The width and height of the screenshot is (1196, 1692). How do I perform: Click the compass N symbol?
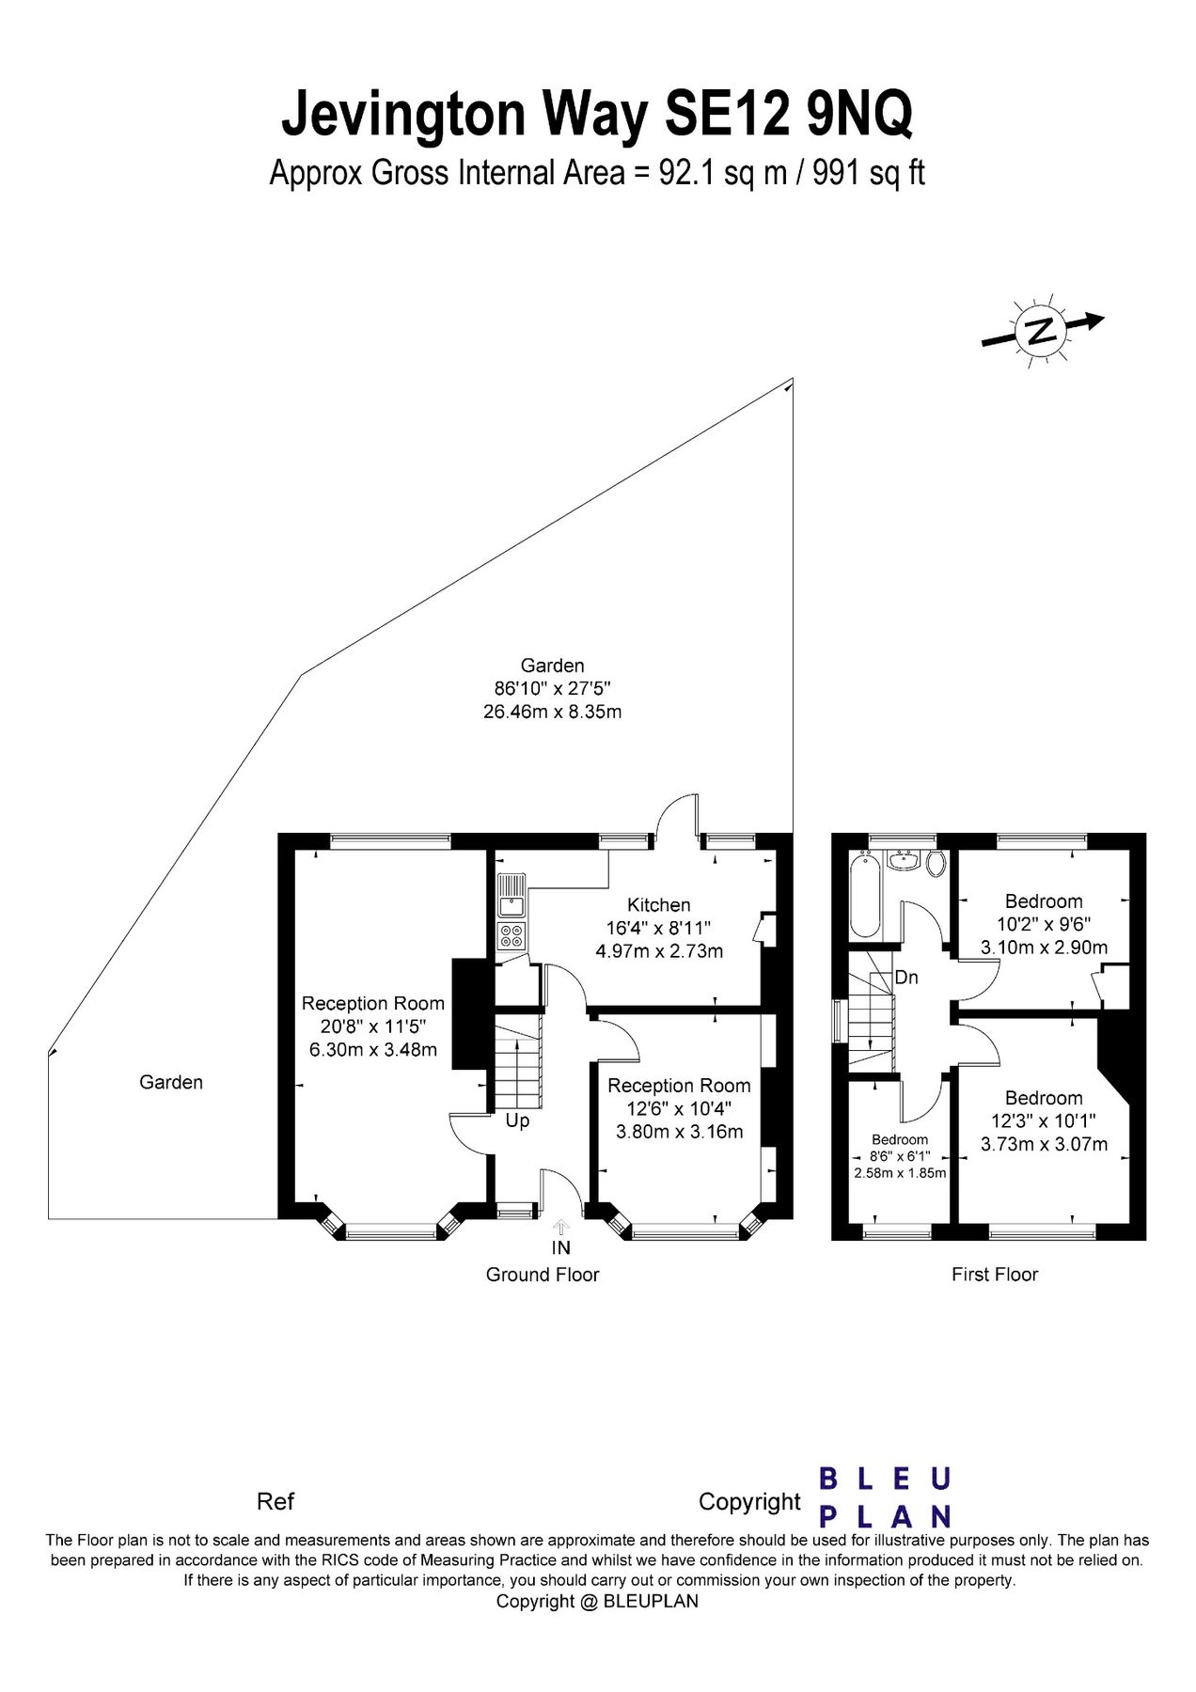(1041, 331)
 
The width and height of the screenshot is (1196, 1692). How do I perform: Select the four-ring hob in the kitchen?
(512, 935)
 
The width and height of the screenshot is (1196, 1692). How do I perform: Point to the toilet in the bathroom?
(936, 864)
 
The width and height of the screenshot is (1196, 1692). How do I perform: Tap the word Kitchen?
(659, 904)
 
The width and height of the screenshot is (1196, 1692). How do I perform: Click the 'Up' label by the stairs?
(518, 1121)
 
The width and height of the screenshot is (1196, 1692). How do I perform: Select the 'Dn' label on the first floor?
(906, 978)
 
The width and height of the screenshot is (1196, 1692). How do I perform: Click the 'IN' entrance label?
(561, 1248)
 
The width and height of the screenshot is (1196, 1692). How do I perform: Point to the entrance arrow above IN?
(561, 1227)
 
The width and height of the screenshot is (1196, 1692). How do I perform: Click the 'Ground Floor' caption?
(542, 1275)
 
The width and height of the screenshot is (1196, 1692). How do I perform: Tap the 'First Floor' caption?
(995, 1275)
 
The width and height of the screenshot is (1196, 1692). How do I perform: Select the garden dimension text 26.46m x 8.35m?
(552, 712)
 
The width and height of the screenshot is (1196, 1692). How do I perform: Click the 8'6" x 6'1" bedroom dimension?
(900, 1156)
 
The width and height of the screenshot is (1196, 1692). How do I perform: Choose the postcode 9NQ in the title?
(859, 115)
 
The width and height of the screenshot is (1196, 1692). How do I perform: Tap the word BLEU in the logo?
(885, 1479)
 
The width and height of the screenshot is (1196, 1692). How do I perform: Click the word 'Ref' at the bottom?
(275, 1501)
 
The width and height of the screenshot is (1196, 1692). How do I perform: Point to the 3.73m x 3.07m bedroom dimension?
(1044, 1144)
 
